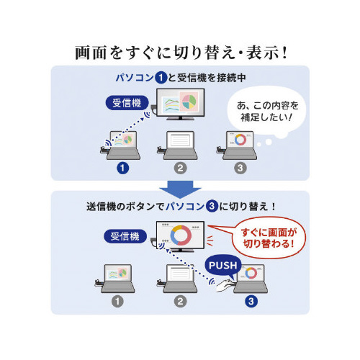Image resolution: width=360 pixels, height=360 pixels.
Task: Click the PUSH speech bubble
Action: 222,266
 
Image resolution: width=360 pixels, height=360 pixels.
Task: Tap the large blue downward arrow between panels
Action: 180,189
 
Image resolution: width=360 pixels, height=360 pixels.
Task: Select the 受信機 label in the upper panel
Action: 127,103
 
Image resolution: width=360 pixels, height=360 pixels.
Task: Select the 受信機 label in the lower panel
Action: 125,236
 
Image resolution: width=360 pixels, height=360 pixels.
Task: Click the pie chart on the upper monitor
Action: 189,101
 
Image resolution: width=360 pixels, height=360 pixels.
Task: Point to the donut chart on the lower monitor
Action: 181,235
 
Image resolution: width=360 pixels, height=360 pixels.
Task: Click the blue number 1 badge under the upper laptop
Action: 122,168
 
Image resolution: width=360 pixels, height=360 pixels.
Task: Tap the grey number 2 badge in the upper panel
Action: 181,168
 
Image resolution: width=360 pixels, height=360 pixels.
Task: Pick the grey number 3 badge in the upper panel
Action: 240,168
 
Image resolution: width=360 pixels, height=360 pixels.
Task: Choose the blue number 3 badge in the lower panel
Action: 251,302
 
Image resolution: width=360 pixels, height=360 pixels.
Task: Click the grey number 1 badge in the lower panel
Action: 117,302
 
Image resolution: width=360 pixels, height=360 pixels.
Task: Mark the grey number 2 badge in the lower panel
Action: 181,302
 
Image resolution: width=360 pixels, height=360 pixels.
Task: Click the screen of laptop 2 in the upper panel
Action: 180,140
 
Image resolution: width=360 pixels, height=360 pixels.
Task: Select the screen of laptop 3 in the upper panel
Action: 240,140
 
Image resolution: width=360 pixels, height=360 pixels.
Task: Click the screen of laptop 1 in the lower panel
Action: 118,273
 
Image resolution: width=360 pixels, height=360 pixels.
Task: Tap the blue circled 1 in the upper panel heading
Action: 161,78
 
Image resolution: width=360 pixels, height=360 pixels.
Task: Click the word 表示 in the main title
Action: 263,53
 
